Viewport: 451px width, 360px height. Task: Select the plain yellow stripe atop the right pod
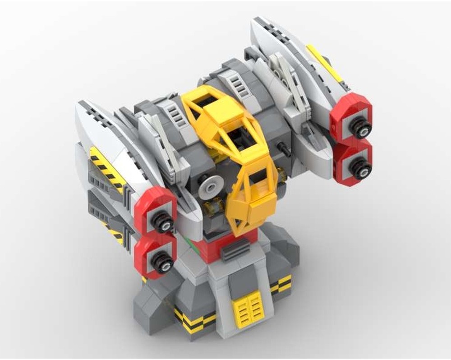324,64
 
